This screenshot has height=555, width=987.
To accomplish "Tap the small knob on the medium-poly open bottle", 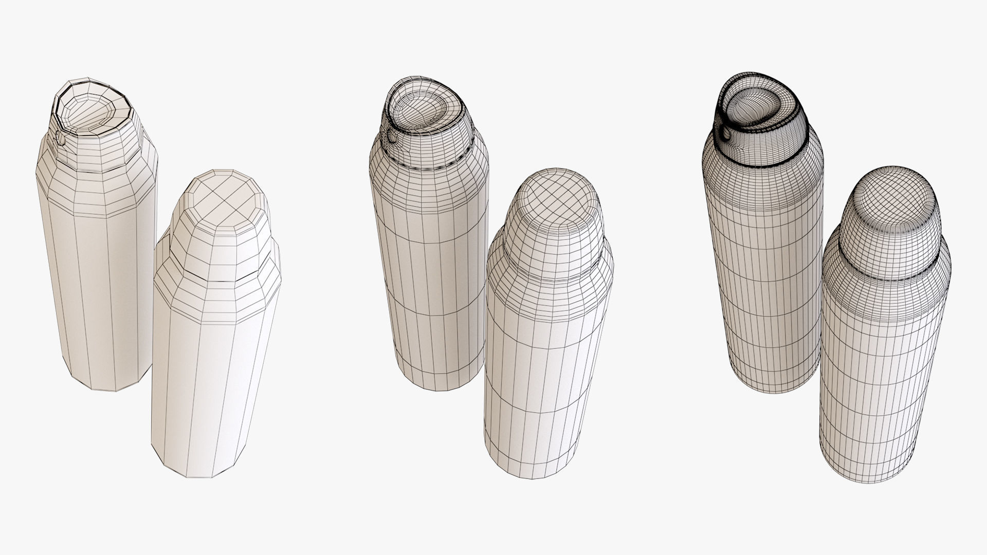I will [393, 137].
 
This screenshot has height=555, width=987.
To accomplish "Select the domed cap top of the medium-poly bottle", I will [554, 198].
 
